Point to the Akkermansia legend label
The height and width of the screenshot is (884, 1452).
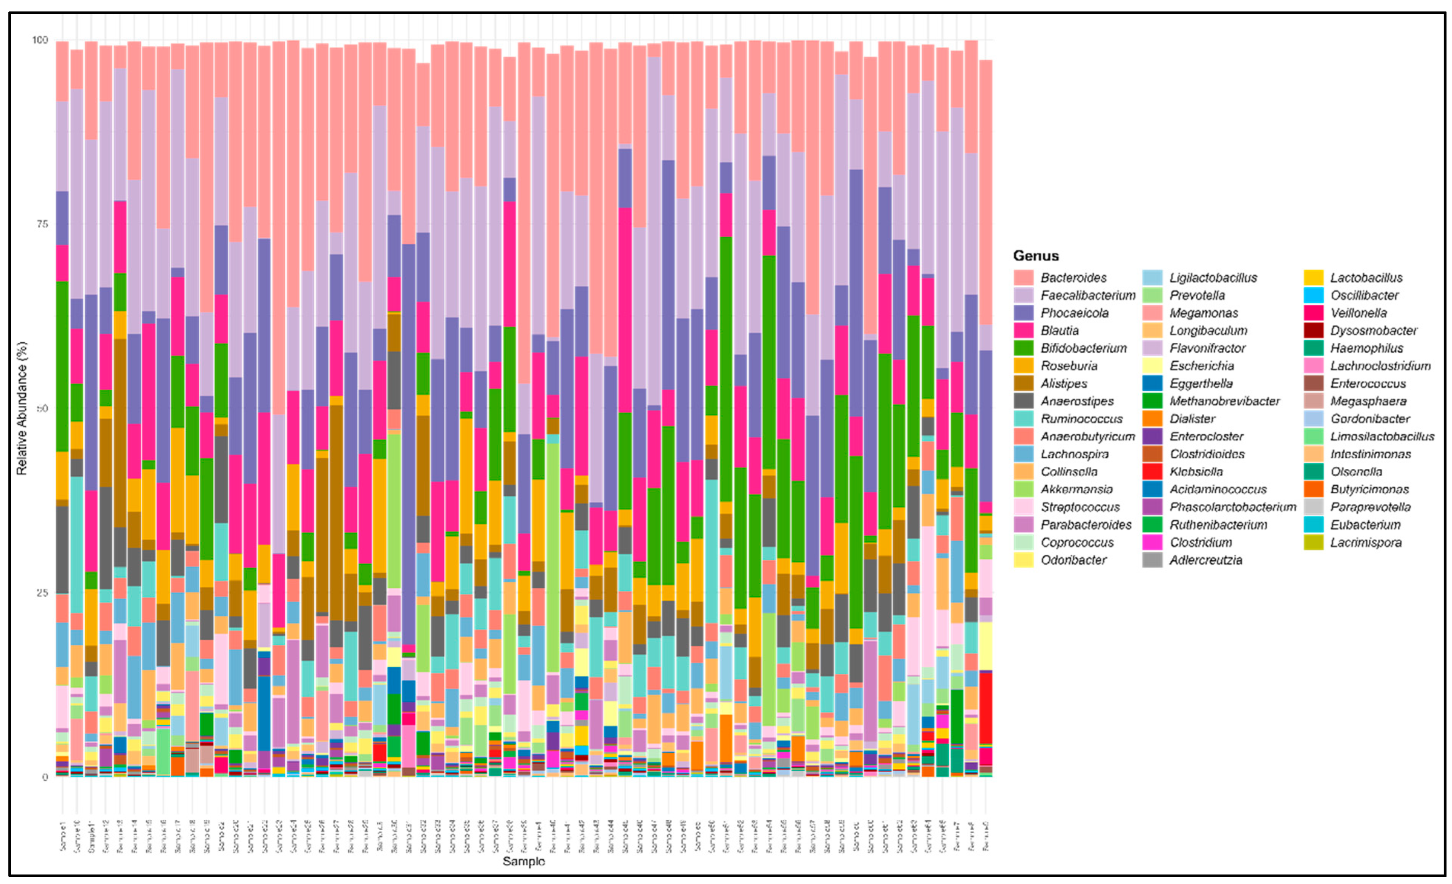coord(1076,489)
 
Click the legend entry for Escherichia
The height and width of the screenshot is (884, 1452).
coord(1201,366)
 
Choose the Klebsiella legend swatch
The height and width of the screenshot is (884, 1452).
coord(1152,472)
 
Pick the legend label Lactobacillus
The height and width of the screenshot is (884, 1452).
coord(1366,277)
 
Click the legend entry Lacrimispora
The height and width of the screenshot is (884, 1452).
coord(1366,542)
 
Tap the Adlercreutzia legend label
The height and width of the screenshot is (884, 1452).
coord(1206,560)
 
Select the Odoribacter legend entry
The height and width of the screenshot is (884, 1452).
coord(1073,560)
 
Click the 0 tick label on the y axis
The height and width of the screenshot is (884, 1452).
coord(44,777)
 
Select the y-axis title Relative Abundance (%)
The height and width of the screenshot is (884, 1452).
coord(22,408)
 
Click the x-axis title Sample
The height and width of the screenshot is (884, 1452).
coord(523,862)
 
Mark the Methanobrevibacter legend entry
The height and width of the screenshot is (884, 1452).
coord(1224,401)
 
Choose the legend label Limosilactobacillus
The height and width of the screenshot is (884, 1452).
coord(1381,436)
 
